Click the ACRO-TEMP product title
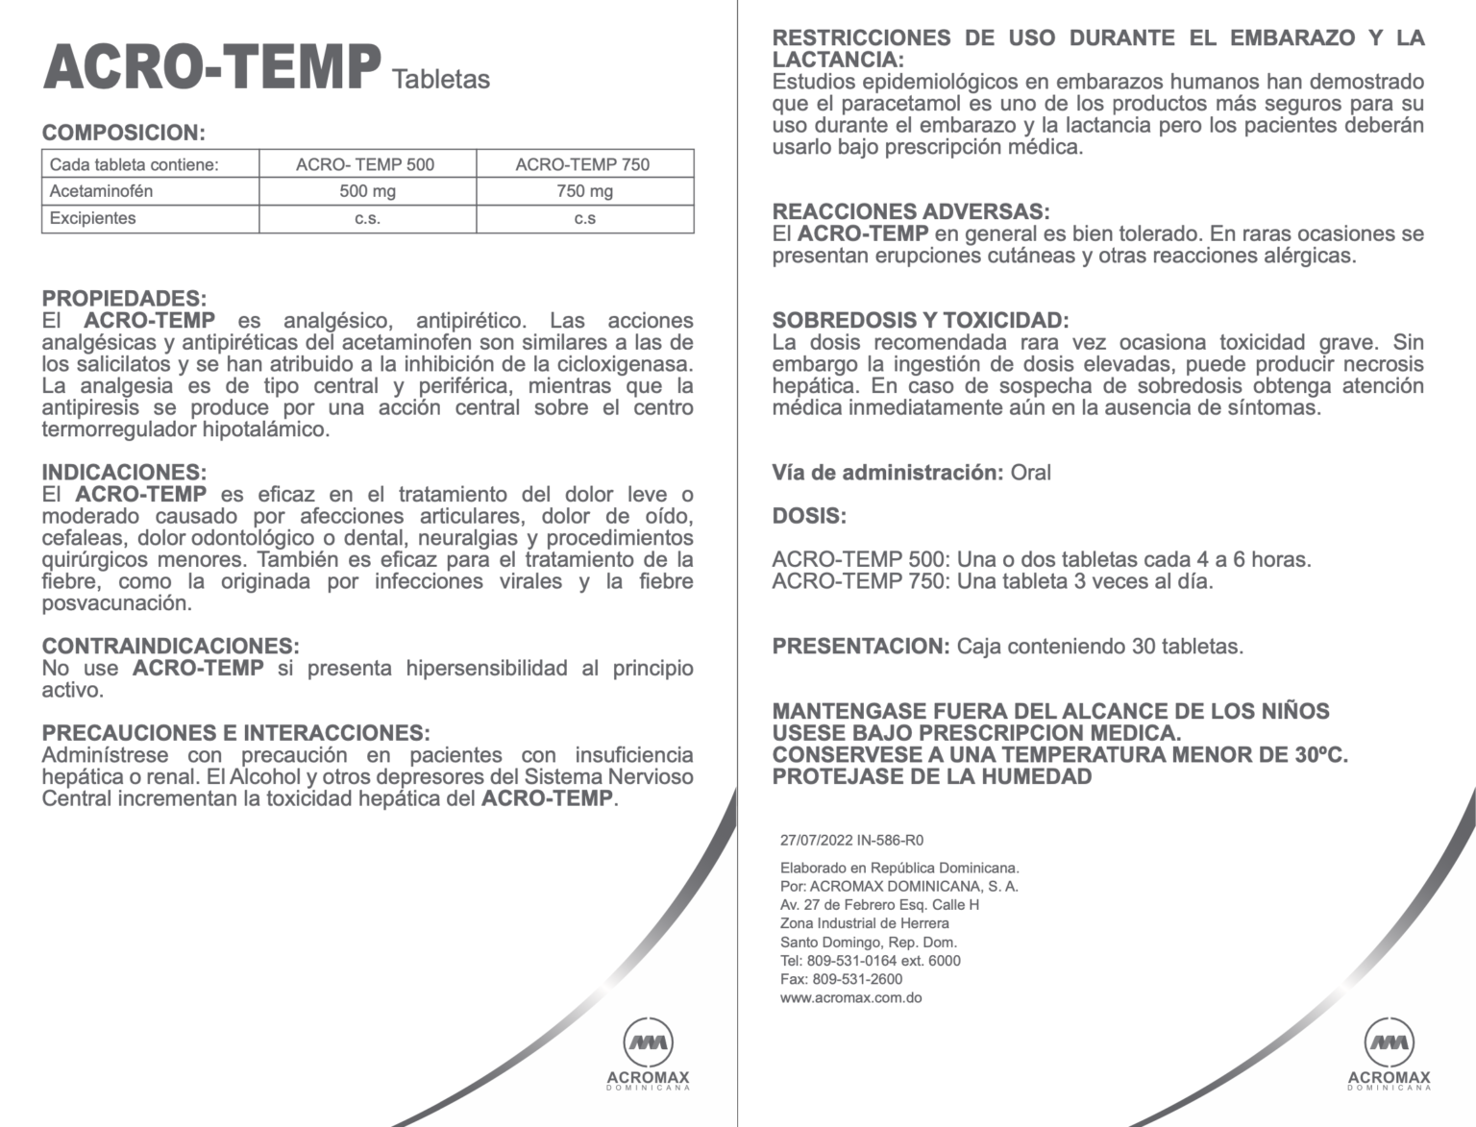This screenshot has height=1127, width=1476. click(x=211, y=66)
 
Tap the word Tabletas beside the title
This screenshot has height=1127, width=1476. click(x=441, y=80)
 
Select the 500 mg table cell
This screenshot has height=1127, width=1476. click(x=367, y=191)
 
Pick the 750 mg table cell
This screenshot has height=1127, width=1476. click(x=584, y=191)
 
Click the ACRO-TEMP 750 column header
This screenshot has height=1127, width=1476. click(x=582, y=164)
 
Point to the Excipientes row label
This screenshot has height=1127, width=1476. click(x=93, y=218)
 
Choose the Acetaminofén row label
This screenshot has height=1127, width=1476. click(x=101, y=191)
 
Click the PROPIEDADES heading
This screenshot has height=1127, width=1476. click(x=124, y=299)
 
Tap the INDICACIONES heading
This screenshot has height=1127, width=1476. click(x=124, y=473)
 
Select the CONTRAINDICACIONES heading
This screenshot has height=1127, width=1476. click(x=170, y=646)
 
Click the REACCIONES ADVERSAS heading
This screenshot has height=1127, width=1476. click(x=911, y=211)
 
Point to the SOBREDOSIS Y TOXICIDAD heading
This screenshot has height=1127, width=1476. click(x=920, y=320)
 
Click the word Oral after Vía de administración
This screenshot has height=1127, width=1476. click(x=1030, y=473)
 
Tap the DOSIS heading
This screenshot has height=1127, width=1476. click(x=809, y=516)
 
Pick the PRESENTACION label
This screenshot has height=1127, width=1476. click(x=861, y=647)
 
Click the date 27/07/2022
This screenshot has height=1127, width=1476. click(x=816, y=840)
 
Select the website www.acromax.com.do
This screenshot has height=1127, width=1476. click(x=850, y=997)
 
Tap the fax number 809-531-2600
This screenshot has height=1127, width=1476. click(x=857, y=979)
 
